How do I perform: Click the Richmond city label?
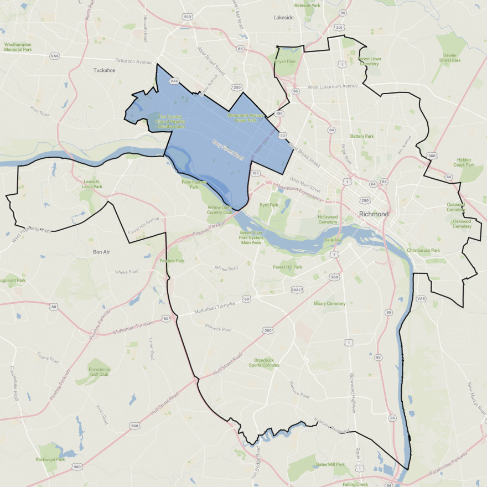click(374, 214)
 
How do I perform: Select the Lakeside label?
click(283, 18)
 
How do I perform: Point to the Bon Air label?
click(101, 252)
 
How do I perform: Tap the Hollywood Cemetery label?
click(327, 220)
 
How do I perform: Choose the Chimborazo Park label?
click(423, 251)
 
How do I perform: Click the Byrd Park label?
click(268, 205)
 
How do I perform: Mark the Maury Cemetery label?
click(329, 303)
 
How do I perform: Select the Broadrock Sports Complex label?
click(263, 362)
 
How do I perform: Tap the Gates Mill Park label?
click(330, 464)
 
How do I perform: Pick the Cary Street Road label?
click(227, 150)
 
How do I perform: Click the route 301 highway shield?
click(339, 28)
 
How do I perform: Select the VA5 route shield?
click(421, 299)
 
